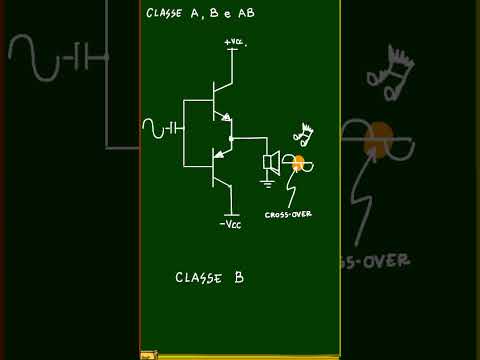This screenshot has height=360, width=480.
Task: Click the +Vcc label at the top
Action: click(x=236, y=42)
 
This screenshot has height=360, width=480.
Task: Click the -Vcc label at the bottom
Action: click(x=230, y=224)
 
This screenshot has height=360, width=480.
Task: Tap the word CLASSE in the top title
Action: click(x=164, y=13)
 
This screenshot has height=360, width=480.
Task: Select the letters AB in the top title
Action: click(x=247, y=13)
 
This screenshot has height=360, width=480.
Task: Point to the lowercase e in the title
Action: click(x=228, y=14)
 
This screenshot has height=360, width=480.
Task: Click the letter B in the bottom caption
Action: click(x=239, y=277)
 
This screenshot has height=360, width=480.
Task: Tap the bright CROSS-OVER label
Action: click(x=288, y=214)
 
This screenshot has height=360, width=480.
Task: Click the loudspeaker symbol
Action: click(x=272, y=163)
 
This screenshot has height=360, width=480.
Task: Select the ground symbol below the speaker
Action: click(x=267, y=184)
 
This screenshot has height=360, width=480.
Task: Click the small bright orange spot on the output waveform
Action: click(x=298, y=163)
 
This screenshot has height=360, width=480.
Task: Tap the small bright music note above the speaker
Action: click(x=303, y=134)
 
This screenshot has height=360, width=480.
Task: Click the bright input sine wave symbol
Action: click(x=153, y=128)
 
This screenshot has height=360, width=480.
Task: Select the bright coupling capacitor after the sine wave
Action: click(x=173, y=128)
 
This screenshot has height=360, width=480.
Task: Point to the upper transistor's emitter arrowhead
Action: click(x=226, y=117)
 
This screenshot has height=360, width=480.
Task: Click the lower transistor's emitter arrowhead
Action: click(x=219, y=154)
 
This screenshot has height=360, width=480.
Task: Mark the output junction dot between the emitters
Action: click(x=231, y=138)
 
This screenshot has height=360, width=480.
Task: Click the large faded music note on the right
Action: click(x=391, y=73)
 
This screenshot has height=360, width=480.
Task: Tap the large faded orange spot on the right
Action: click(x=378, y=139)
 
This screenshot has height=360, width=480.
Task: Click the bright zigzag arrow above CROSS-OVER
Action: click(x=293, y=186)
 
